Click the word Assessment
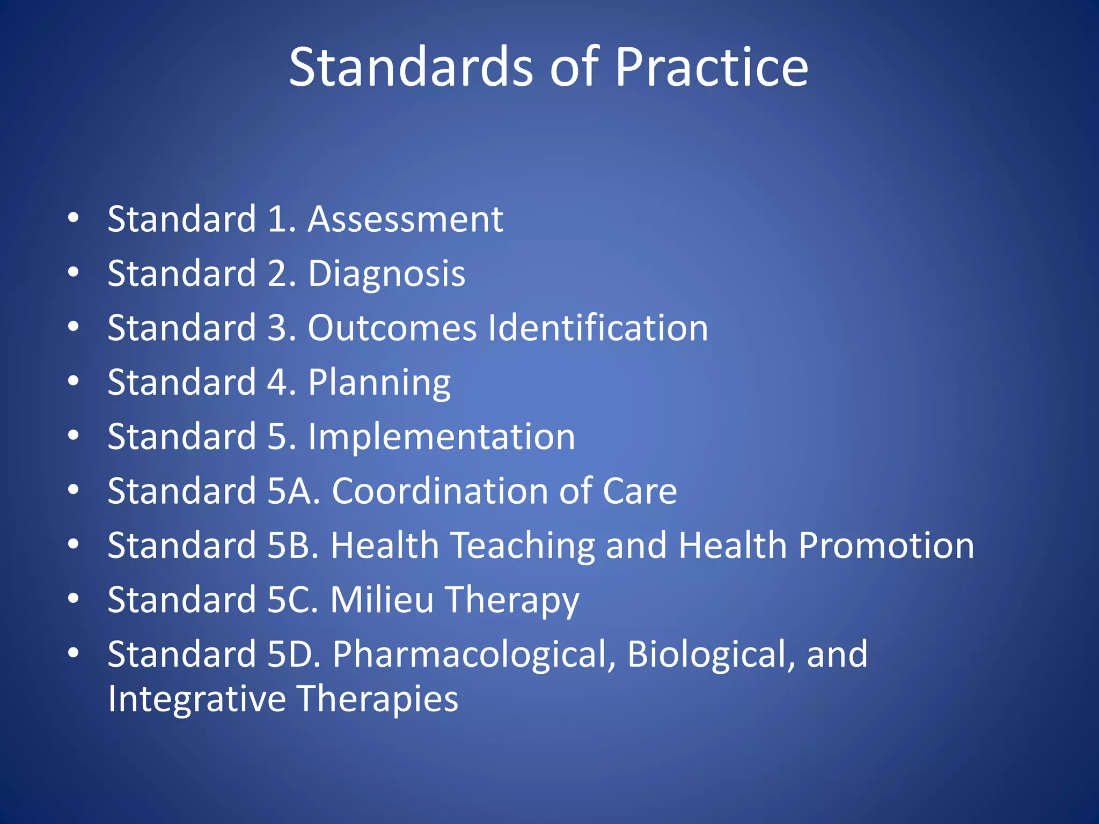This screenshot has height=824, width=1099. [405, 219]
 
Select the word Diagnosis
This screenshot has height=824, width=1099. [386, 274]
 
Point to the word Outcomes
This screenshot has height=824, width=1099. [392, 328]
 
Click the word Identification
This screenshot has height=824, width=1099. [598, 328]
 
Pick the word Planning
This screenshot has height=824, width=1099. [379, 383]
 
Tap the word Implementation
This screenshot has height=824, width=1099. [441, 437]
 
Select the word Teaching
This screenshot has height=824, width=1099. [522, 546]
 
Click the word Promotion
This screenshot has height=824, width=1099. [886, 546]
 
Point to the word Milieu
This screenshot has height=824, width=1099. [382, 600]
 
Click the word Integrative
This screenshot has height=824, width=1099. [197, 698]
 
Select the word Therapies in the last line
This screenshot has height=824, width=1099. [377, 698]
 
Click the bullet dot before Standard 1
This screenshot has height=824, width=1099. [74, 218]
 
